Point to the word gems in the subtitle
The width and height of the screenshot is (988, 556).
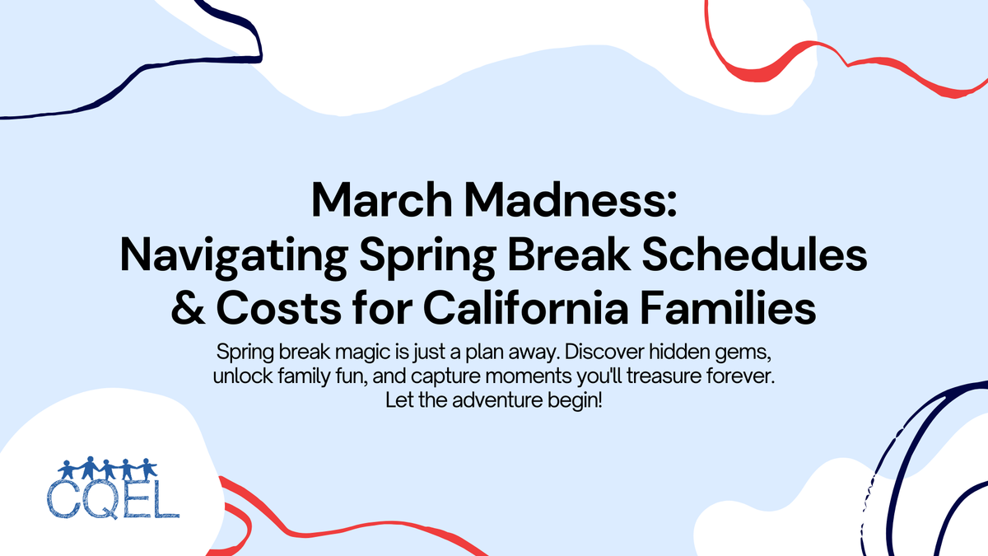746,352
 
